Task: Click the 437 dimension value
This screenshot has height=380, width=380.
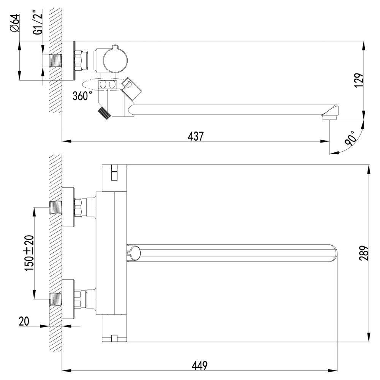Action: point(196,136)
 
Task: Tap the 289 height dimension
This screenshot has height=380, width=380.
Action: point(363,253)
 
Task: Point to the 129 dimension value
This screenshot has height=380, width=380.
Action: point(359,80)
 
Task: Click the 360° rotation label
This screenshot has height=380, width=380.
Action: point(82,95)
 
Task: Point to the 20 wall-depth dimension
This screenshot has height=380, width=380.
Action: point(24,321)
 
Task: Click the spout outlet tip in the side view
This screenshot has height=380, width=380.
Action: point(329,115)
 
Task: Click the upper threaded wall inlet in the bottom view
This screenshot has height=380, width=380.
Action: point(55,207)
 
